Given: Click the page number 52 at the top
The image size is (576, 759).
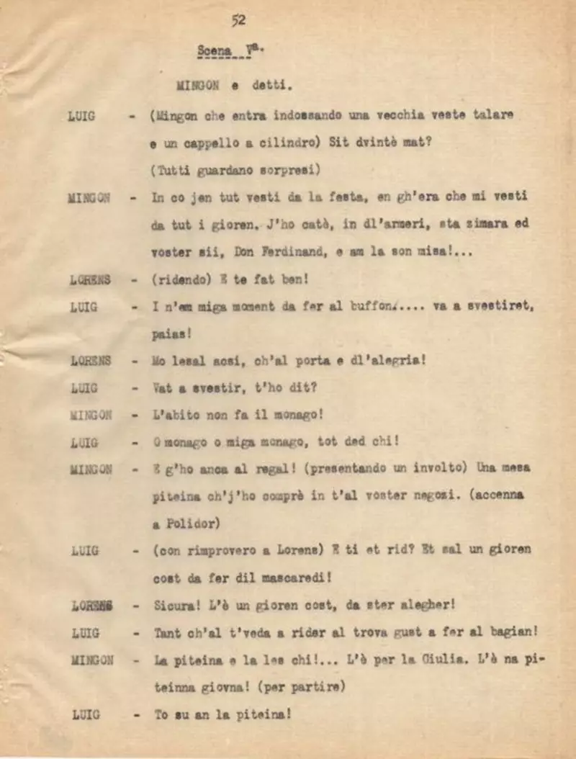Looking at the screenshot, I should click(x=238, y=20).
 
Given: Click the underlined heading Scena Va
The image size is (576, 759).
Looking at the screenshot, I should click(x=224, y=51).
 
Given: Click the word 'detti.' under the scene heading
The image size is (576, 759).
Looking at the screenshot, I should click(x=272, y=85).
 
